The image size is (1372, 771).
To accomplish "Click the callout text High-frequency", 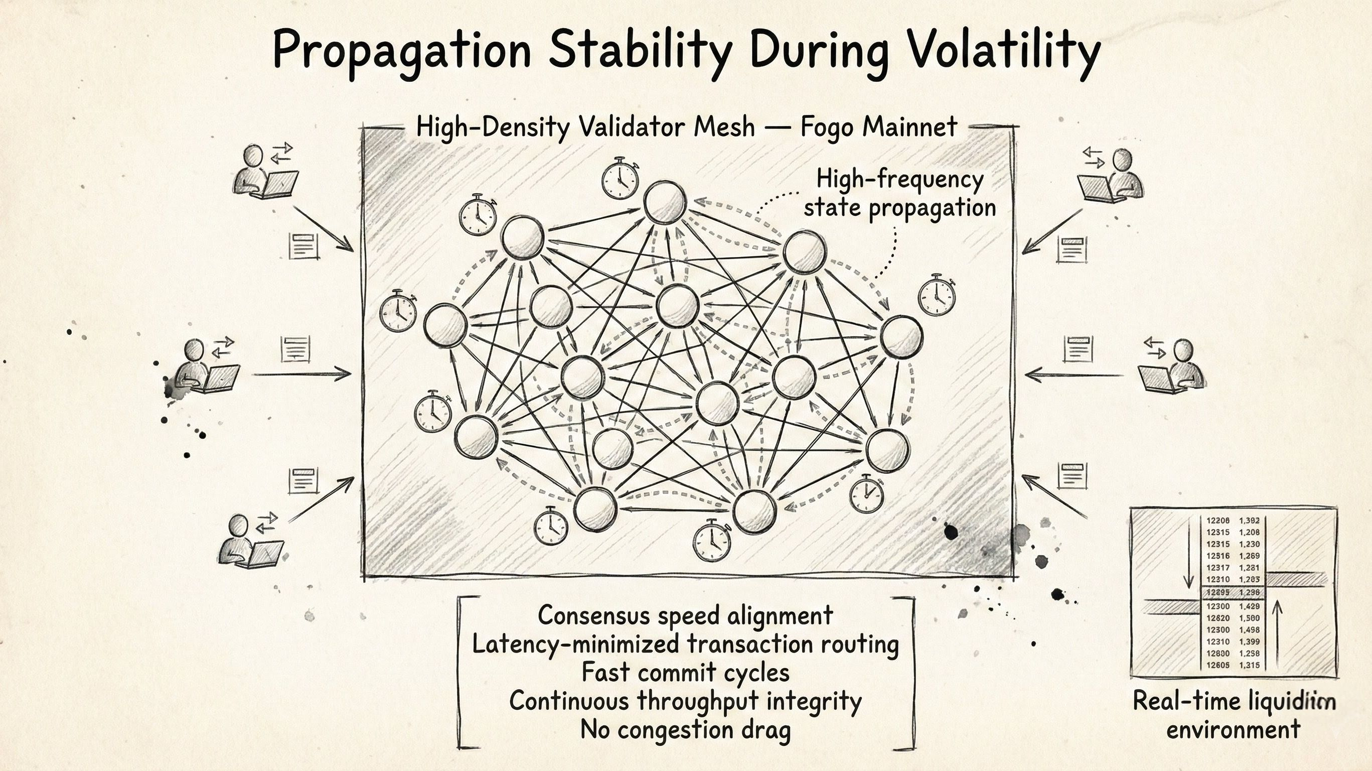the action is (x=899, y=179).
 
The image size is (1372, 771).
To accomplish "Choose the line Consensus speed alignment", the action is (x=685, y=615).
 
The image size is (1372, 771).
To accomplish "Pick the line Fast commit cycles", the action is (x=685, y=672).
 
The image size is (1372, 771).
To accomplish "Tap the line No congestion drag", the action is (x=685, y=729).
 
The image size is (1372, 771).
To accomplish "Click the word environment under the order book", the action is (x=1234, y=729).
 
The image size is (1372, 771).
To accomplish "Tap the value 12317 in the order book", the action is (x=1218, y=568).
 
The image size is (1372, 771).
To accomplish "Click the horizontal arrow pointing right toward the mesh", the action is (x=301, y=374).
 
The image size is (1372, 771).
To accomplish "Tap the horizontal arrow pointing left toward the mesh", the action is (x=1073, y=375).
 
